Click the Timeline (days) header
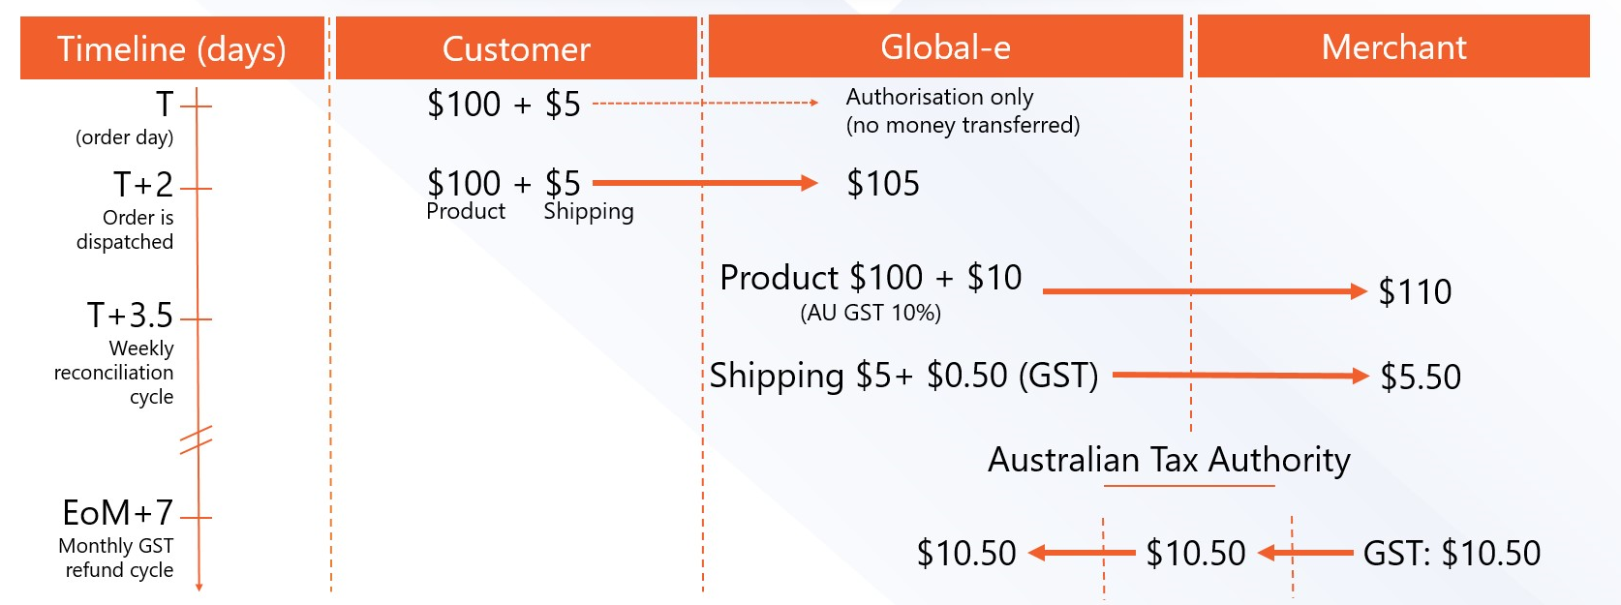pos(171,48)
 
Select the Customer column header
pos(516,48)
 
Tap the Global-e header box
pos(945,46)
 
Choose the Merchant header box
pos(1393,46)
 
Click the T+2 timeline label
pos(143,184)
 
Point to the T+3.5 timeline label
pos(130,315)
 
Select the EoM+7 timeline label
pos(117,512)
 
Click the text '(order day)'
pos(125,137)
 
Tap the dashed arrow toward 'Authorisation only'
pos(705,103)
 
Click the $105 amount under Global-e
pos(883,184)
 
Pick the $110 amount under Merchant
pos(1415,291)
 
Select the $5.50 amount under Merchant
pos(1421,377)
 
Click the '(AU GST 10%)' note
pos(871,313)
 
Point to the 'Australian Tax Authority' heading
pos(1169,460)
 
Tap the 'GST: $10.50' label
pos(1452,554)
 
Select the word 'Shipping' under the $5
pos(589,211)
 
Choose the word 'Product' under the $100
pos(466,211)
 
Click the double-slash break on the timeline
pos(197,440)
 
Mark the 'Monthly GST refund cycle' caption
pos(116,559)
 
